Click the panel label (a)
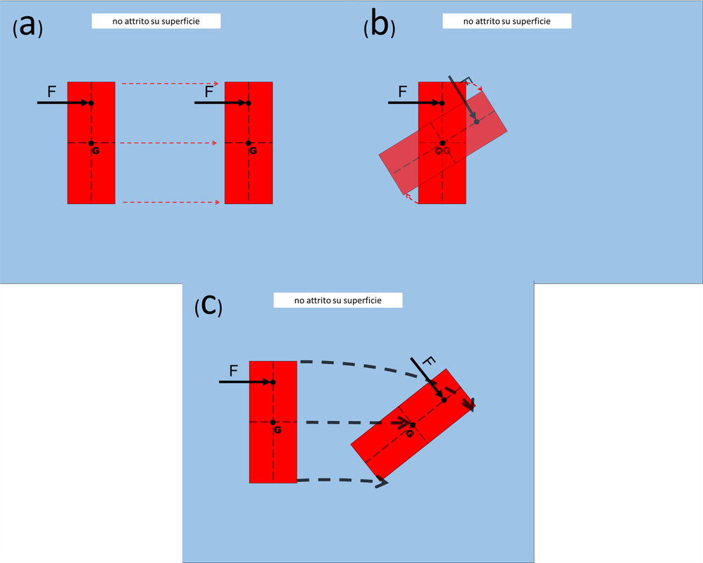pyautogui.click(x=27, y=27)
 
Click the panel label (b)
pyautogui.click(x=379, y=25)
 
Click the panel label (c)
pyautogui.click(x=209, y=306)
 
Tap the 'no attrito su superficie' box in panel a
pyautogui.click(x=156, y=21)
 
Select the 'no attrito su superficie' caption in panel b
pyautogui.click(x=507, y=21)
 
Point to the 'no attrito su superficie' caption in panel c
pyautogui.click(x=338, y=300)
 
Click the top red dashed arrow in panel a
pyautogui.click(x=170, y=83)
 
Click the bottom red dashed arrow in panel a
pyautogui.click(x=172, y=202)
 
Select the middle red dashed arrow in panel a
pyautogui.click(x=168, y=143)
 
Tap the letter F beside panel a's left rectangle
pyautogui.click(x=51, y=91)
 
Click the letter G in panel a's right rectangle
pyautogui.click(x=254, y=151)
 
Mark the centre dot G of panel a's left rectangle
pyautogui.click(x=91, y=144)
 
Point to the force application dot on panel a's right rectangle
pyautogui.click(x=249, y=103)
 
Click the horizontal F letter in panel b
pyautogui.click(x=403, y=91)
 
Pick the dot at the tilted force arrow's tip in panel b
pyautogui.click(x=477, y=122)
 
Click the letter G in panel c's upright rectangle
pyautogui.click(x=278, y=430)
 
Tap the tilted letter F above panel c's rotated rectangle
pyautogui.click(x=428, y=361)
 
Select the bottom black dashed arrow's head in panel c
pyautogui.click(x=382, y=482)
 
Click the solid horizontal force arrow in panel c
pyautogui.click(x=246, y=382)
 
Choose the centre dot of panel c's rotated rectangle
pyautogui.click(x=413, y=425)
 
